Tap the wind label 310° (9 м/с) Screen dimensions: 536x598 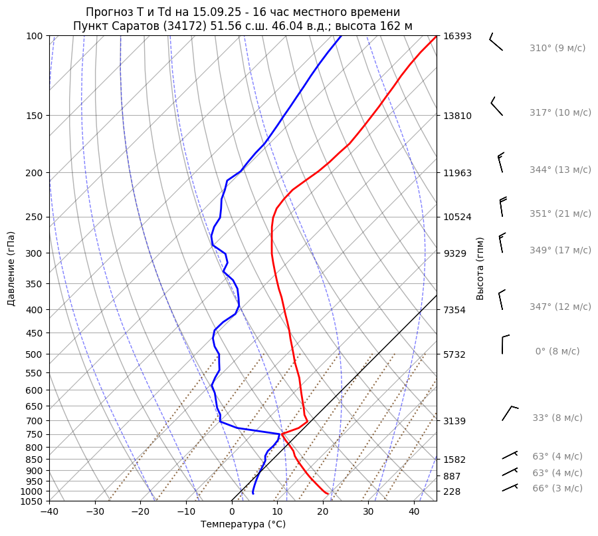pos(557,49)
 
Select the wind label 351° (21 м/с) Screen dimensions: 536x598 pos(560,214)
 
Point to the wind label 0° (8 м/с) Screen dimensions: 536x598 pos(557,352)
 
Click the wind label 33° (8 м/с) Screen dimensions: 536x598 pos(557,418)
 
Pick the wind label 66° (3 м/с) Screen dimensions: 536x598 pos(557,489)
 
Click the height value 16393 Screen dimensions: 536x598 pos(458,36)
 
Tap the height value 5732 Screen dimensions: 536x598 pos(455,354)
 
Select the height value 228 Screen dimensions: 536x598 pos(452,491)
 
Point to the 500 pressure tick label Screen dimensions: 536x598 pos(35,354)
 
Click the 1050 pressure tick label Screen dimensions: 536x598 pos(32,501)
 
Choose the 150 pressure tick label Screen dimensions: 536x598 pos(35,116)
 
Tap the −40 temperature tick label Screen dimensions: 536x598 pos(49,512)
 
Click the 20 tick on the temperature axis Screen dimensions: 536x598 pos(323,512)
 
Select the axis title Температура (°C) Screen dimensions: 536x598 pos(243,525)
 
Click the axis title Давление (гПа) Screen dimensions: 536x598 pos(11,269)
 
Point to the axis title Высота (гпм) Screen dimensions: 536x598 pos(480,269)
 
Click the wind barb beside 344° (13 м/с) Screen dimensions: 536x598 pos(500,162)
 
